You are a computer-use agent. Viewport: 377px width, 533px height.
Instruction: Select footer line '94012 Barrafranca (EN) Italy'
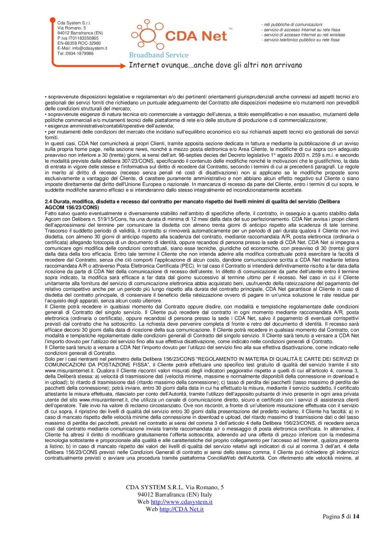174,494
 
